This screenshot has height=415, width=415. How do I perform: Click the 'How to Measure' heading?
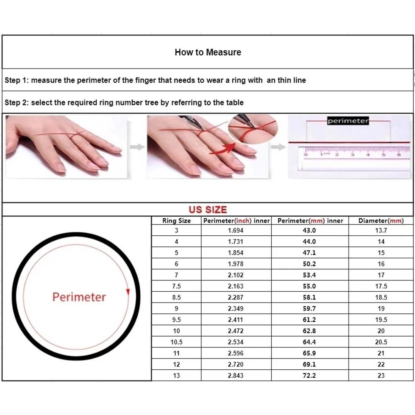point(208,52)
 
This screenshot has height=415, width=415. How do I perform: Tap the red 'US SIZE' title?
point(208,210)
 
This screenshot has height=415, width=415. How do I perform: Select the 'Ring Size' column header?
point(176,221)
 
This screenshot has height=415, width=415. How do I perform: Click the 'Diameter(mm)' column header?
point(381,221)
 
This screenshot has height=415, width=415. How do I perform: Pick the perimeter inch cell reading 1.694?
point(236,230)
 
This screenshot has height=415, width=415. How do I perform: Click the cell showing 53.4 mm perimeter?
point(309,275)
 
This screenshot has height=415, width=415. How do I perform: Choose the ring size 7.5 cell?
point(176,286)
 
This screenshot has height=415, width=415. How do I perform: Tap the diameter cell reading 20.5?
point(381,342)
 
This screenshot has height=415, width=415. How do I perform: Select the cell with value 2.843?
point(236,376)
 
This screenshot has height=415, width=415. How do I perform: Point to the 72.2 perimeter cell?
point(309,376)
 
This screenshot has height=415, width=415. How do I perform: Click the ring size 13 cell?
point(176,376)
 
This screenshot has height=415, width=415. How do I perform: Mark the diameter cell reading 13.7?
point(381,230)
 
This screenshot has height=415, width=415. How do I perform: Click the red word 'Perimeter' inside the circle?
point(79,297)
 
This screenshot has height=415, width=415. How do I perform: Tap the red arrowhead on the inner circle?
point(128,292)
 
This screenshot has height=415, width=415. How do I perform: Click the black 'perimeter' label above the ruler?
point(348,121)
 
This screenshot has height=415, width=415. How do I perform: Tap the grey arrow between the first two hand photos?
point(137,147)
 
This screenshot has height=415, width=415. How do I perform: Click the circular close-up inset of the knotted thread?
point(253,129)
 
